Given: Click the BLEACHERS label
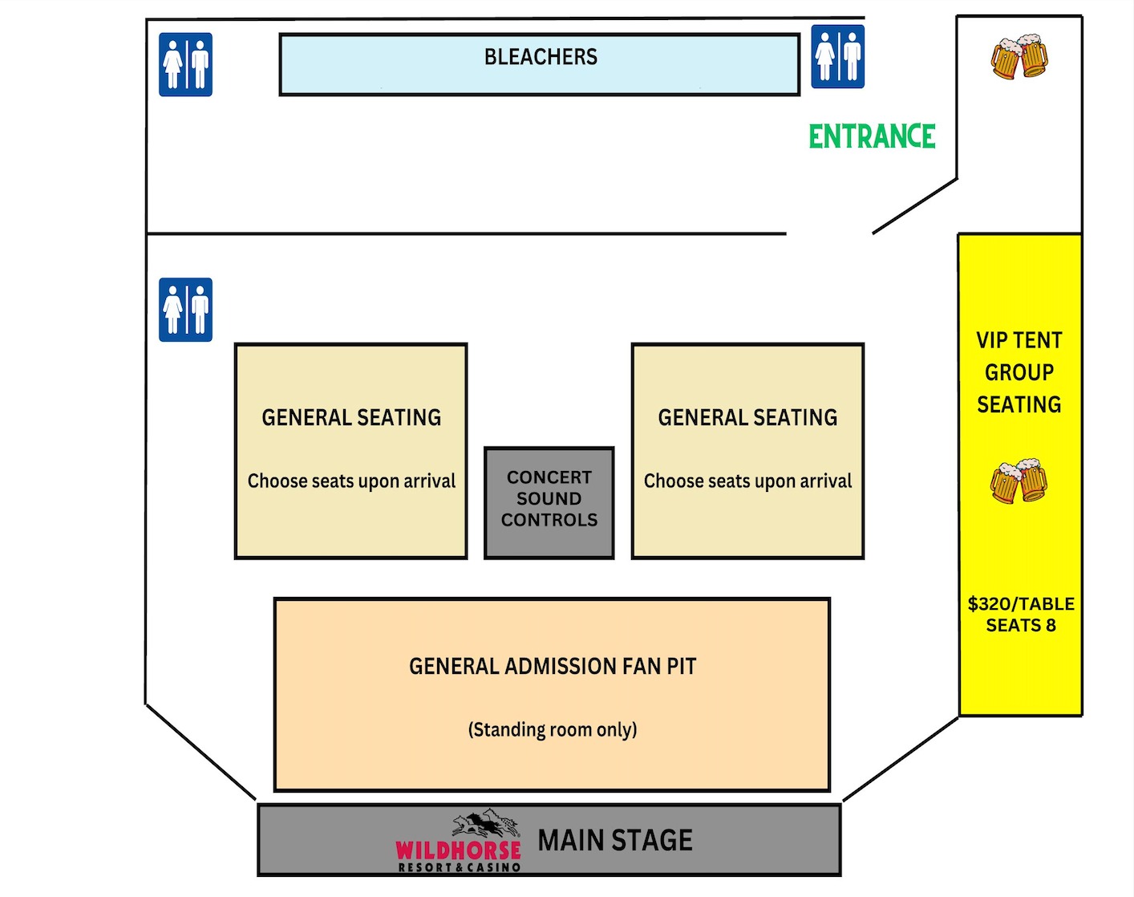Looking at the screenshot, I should click(x=541, y=57).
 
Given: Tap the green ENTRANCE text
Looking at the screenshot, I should click(x=872, y=136).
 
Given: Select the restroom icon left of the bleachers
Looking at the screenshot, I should click(x=185, y=64).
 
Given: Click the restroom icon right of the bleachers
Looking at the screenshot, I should click(x=837, y=56).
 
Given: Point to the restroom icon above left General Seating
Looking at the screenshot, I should click(x=185, y=310).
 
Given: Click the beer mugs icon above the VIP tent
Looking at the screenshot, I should click(x=1019, y=56).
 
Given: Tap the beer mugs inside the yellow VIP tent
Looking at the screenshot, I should click(x=1019, y=481).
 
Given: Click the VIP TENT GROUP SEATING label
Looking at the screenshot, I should click(x=1019, y=372).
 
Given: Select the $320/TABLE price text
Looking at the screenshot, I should click(x=1021, y=603).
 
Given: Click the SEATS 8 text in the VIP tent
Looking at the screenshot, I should click(x=1021, y=625).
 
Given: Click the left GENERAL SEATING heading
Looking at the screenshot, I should click(x=351, y=417).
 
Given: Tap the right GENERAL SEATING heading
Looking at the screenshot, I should click(x=747, y=417).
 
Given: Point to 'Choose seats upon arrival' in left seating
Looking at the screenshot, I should click(x=351, y=481).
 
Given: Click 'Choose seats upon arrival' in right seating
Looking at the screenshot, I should click(x=747, y=481).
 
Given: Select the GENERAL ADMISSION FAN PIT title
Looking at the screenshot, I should click(x=553, y=666).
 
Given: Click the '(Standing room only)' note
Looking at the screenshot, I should click(x=553, y=729).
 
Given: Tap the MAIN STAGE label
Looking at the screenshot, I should click(x=615, y=840).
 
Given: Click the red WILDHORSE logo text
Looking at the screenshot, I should click(x=458, y=850).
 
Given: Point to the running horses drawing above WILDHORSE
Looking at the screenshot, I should click(x=485, y=824).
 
